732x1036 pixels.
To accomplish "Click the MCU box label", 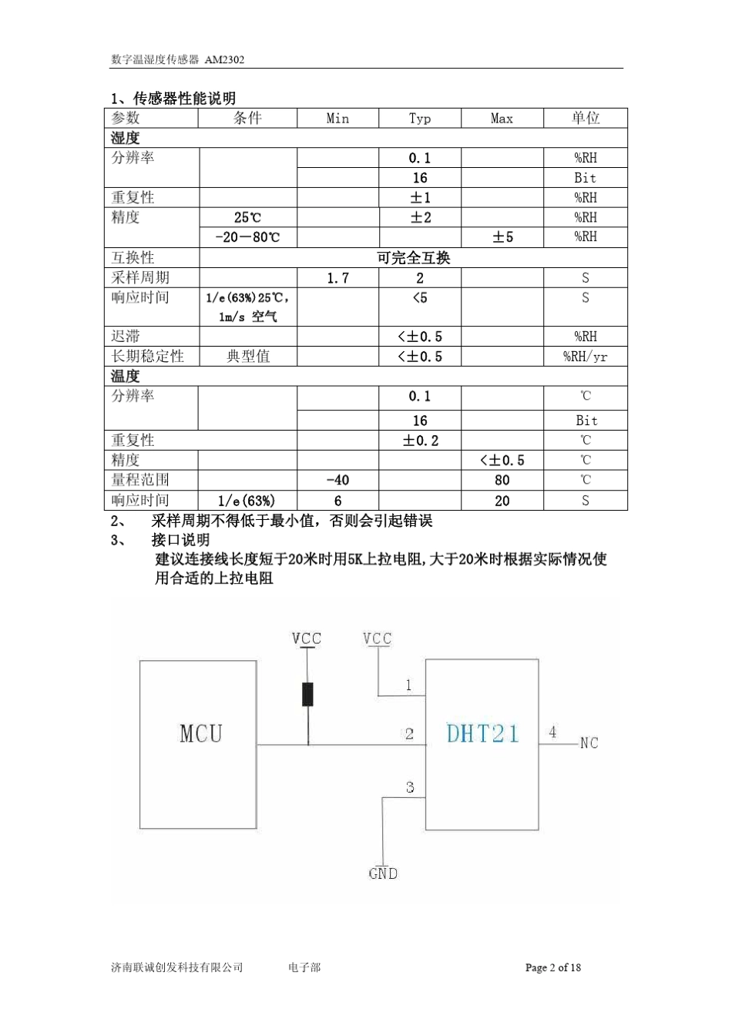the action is pos(200,733).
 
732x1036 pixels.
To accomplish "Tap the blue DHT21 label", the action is pos(483,733).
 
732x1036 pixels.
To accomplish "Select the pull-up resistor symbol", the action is pos(308,694).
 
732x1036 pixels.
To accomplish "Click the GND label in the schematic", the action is pos(383,873).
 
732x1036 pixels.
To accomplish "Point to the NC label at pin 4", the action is pos(589,743).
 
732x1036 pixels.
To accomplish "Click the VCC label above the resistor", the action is pos(307,639).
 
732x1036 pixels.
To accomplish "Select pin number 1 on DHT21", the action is pos(408,685).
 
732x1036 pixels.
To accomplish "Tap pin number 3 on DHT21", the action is pos(410,787).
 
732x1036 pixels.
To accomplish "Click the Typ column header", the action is pos(420,119).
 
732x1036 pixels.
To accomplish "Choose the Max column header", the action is pos(502,119).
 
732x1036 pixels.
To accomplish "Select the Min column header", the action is pos(337,119).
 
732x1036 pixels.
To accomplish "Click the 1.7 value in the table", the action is pos(337,278).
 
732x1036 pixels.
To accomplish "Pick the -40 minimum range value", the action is pos(337,480).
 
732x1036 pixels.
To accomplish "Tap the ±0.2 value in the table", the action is pos(420,441).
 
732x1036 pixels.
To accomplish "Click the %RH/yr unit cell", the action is pos(586,357).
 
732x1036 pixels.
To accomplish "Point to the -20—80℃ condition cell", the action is pos(247,237).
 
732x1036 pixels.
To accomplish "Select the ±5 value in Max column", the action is pos(502,237).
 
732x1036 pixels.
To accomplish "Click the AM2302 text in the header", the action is pos(224,59).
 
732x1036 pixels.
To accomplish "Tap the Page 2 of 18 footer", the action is pos(553,967).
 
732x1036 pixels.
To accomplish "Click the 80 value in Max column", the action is pos(502,480).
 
